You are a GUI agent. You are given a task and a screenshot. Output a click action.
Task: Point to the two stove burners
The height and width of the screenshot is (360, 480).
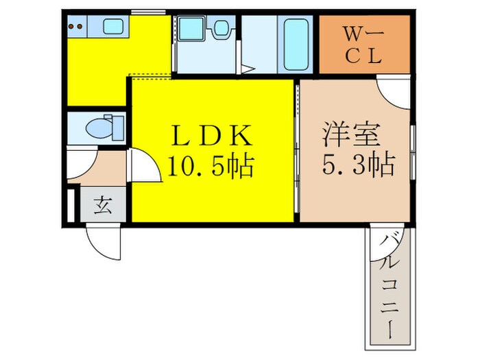[77, 27]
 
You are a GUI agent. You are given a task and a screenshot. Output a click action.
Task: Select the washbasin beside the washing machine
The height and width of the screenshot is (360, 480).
[221, 29]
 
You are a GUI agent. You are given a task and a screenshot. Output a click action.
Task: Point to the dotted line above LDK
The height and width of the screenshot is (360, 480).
[151, 75]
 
